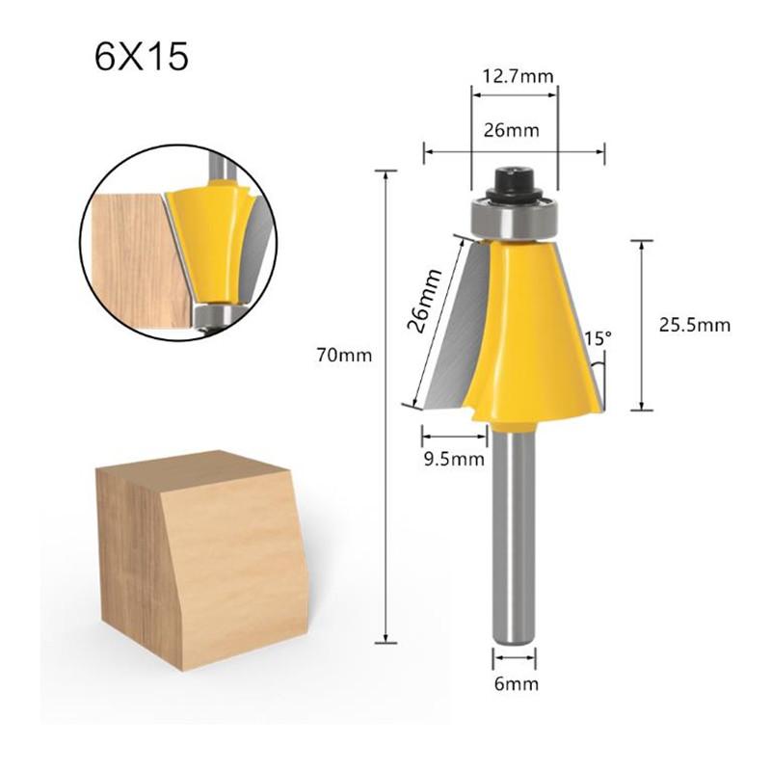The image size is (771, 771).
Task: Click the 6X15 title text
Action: (x=142, y=57)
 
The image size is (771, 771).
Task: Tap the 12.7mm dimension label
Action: (x=515, y=71)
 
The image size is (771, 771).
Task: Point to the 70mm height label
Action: (x=344, y=355)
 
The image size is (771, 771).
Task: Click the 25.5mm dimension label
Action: (x=694, y=325)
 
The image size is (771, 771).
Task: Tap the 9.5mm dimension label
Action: (x=453, y=458)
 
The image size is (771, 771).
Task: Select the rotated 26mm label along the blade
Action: (x=426, y=300)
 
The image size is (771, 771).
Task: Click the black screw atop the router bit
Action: (x=514, y=180)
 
